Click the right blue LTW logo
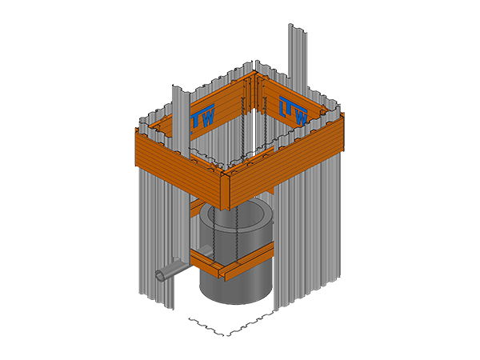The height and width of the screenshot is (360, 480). point(294,110)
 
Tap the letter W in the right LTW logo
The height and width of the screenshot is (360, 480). point(301,117)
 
